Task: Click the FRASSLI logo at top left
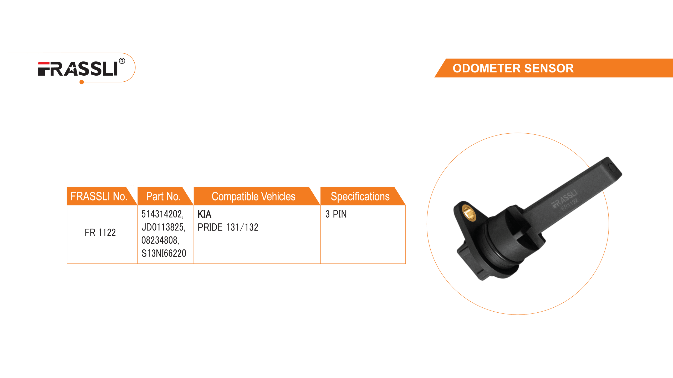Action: point(78,69)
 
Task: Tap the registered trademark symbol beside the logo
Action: point(122,61)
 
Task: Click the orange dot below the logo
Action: point(82,82)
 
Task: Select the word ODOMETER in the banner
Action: point(486,69)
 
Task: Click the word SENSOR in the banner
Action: point(549,69)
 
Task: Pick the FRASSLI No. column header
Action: point(99,197)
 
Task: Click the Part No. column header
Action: point(163,197)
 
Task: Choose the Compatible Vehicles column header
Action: point(253,197)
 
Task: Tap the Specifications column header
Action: point(360,197)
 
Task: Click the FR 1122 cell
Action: point(100,233)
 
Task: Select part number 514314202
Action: point(162,214)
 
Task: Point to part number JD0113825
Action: point(163,227)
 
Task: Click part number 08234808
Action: point(160,240)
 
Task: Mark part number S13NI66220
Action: point(164,253)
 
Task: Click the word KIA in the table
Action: point(205,214)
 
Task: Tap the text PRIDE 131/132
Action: point(228,227)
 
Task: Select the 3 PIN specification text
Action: point(336,214)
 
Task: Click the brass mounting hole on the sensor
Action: point(468,213)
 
